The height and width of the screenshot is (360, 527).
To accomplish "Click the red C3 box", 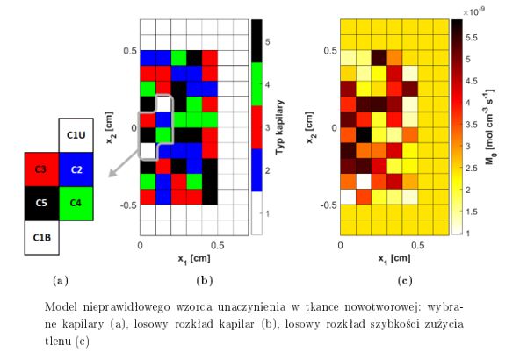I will coord(41,169).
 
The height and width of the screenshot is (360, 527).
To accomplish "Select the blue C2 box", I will coord(76,169).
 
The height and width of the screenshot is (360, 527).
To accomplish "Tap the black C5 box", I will coord(41,203).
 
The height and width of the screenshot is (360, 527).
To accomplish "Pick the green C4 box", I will coord(76,203).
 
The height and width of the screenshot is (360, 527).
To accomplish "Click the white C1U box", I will coord(76,135).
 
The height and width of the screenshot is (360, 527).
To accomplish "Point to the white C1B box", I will coord(41,237).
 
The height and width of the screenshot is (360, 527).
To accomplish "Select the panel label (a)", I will coord(59,281).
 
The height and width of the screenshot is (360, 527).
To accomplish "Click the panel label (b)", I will coord(182,281).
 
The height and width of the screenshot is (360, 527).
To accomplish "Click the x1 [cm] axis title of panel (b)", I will coord(182,258).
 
